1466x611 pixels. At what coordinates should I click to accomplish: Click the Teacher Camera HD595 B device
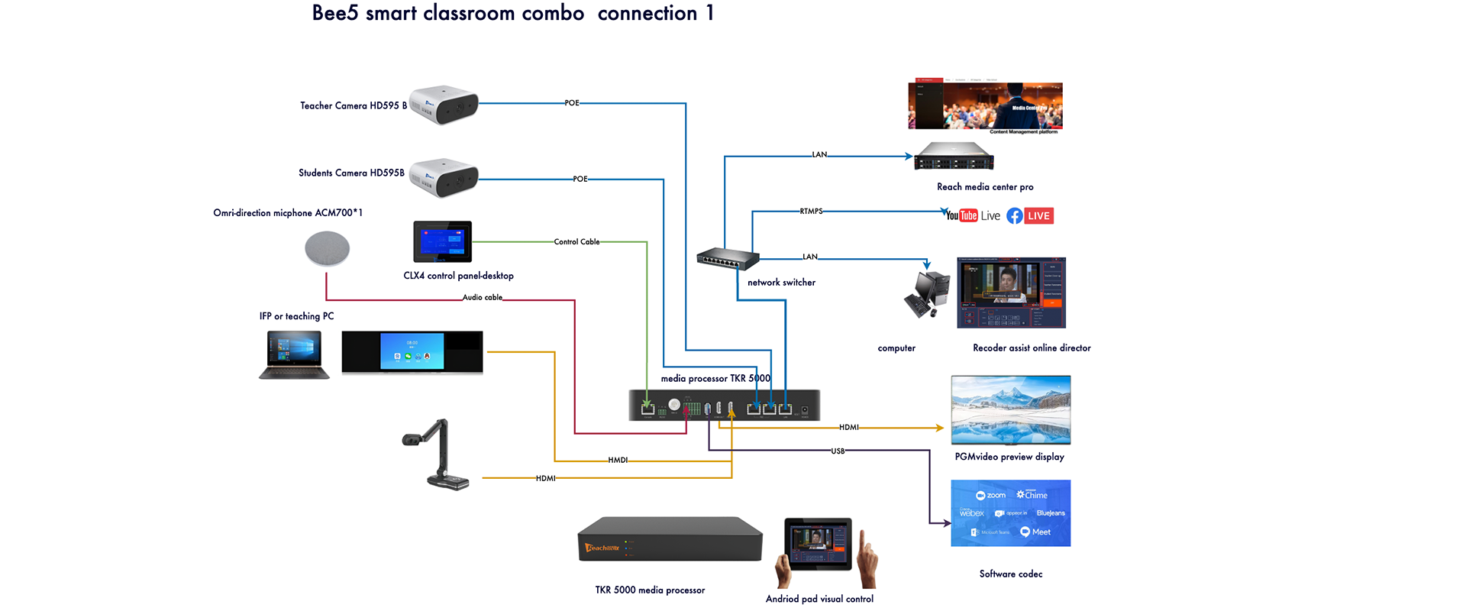[x=444, y=105]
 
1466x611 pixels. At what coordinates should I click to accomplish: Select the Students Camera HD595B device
[x=444, y=177]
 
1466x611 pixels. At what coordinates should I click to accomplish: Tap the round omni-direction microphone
[x=327, y=249]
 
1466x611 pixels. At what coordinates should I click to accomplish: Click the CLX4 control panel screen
[x=442, y=241]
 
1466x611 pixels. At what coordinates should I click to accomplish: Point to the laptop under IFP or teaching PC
[x=294, y=355]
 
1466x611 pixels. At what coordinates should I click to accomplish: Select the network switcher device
[x=728, y=258]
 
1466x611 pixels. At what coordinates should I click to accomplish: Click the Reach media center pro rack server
[x=954, y=157]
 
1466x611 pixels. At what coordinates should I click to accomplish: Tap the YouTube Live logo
[x=972, y=216]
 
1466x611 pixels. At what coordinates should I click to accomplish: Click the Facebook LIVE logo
[x=1030, y=216]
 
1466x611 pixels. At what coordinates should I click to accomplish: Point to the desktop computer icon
[x=927, y=294]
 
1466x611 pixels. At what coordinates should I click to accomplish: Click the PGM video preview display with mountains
[x=1010, y=410]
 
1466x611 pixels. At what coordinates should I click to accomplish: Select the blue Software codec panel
[x=1010, y=513]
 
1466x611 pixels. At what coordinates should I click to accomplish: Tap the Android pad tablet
[x=818, y=544]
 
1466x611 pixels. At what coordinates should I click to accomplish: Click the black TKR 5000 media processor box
[x=670, y=539]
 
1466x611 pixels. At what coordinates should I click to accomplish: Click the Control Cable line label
[x=576, y=242]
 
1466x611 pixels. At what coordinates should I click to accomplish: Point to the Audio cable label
[x=483, y=298]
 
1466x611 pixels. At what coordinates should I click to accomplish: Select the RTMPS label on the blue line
[x=811, y=212]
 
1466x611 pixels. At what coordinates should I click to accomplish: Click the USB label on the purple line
[x=838, y=451]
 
